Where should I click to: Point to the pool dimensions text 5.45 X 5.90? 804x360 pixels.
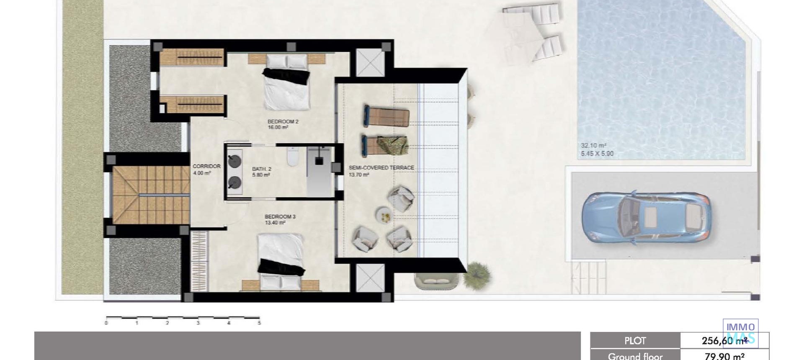click(x=597, y=154)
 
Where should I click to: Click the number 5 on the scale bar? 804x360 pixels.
click(x=259, y=323)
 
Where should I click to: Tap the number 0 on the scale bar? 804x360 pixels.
click(x=106, y=323)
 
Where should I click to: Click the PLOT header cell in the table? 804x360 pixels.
click(x=635, y=341)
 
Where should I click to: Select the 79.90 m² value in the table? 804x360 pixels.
click(x=724, y=356)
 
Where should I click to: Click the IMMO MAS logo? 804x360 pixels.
click(x=740, y=332)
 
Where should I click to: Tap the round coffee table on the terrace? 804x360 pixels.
click(x=384, y=215)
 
